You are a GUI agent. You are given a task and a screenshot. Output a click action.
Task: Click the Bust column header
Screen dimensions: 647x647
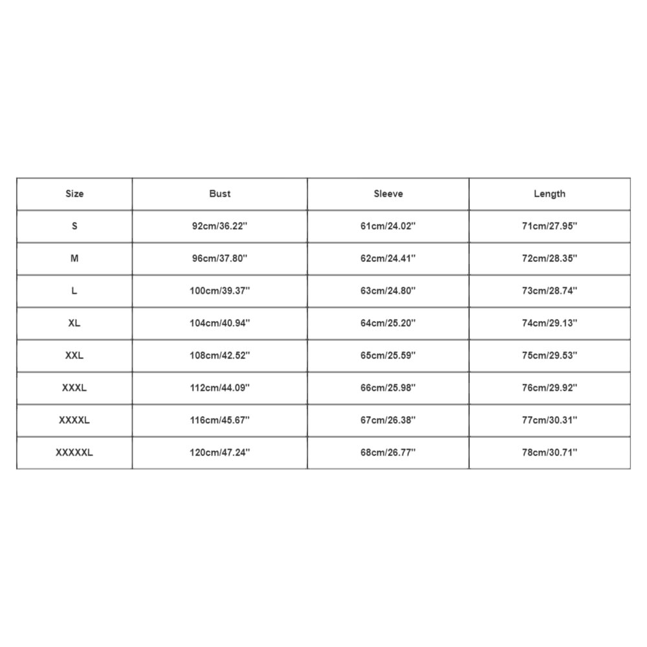click(220, 193)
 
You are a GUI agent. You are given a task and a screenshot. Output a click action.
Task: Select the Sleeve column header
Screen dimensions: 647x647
click(388, 193)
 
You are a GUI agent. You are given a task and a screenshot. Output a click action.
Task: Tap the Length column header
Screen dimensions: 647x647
click(549, 193)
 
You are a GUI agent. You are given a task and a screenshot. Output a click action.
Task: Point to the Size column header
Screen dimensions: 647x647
click(74, 193)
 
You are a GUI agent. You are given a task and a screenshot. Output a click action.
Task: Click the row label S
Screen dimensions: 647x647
click(74, 226)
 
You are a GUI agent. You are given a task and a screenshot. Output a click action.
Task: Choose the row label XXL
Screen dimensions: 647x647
click(74, 355)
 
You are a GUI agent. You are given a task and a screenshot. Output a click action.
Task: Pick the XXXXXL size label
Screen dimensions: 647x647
click(74, 452)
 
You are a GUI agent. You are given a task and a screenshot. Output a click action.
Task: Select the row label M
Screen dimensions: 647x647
click(74, 258)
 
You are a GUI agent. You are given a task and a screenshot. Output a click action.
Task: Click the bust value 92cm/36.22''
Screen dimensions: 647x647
click(220, 226)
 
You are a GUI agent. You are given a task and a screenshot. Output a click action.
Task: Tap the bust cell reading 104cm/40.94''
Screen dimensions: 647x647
click(220, 323)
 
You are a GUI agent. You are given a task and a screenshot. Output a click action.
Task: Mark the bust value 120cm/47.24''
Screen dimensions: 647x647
click(220, 452)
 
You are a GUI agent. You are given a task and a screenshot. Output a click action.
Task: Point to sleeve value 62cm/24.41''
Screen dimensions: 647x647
click(388, 258)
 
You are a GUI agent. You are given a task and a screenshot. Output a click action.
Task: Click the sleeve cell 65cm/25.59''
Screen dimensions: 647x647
click(388, 355)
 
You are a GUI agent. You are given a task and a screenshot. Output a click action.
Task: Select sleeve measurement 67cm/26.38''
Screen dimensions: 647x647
click(388, 420)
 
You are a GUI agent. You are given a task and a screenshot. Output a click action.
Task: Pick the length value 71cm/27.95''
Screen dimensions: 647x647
click(549, 226)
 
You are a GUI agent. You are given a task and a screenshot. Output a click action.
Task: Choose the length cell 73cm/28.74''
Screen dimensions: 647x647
click(549, 291)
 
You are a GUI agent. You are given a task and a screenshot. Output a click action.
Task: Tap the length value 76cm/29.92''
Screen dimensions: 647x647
click(549, 388)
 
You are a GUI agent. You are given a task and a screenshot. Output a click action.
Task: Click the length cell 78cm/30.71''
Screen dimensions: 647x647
click(549, 452)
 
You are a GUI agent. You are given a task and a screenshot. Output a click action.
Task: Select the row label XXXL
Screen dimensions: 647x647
click(74, 388)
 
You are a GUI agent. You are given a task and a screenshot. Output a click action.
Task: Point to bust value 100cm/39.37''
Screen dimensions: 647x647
click(220, 291)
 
